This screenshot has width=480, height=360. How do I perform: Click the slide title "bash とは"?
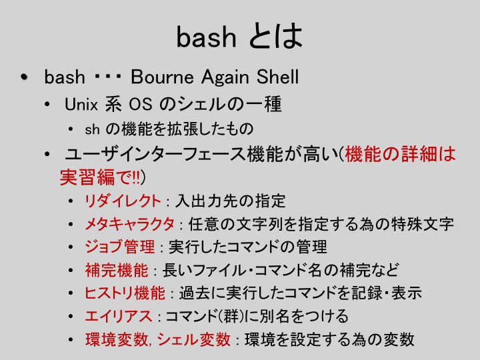click(x=239, y=36)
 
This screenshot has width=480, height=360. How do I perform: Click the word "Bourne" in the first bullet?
click(x=162, y=77)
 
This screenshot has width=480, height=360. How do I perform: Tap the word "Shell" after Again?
click(x=277, y=77)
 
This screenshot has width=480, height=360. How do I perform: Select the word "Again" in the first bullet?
click(x=225, y=77)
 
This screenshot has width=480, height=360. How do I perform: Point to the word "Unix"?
click(x=81, y=104)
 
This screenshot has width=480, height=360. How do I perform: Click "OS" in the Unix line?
click(x=140, y=104)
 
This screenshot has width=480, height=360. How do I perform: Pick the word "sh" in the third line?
click(x=92, y=129)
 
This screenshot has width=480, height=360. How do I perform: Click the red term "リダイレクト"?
click(x=123, y=201)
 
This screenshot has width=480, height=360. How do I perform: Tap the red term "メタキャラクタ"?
click(x=129, y=224)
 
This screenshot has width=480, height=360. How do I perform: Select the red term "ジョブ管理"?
click(x=120, y=247)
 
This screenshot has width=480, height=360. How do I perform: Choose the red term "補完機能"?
click(x=117, y=270)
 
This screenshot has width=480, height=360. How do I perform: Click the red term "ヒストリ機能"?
click(x=125, y=293)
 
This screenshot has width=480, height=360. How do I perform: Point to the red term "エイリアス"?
click(x=119, y=316)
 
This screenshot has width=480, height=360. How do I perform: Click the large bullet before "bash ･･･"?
click(x=24, y=77)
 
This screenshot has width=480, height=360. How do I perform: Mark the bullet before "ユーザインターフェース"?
click(x=47, y=154)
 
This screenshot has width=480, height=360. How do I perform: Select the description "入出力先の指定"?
click(x=230, y=201)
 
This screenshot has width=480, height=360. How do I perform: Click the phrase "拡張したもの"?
click(x=210, y=129)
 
